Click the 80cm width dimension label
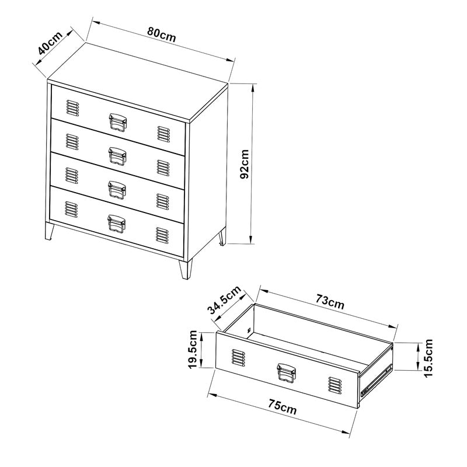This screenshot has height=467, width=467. tap(162, 36)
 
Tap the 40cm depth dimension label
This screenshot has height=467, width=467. tap(50, 43)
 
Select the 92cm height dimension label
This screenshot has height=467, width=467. tap(245, 164)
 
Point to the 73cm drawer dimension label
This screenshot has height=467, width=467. tap(330, 302)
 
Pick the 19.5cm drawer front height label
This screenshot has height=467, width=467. tap(193, 349)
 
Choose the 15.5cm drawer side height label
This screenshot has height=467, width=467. tap(428, 358)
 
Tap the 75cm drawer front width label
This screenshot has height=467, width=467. tap(283, 407)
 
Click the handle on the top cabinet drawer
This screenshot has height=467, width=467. tap(118, 122)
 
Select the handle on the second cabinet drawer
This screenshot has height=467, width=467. tap(117, 156)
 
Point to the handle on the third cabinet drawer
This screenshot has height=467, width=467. tap(117, 190)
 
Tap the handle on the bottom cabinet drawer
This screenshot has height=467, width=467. tap(116, 224)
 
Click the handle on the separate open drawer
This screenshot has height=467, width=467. tap(286, 372)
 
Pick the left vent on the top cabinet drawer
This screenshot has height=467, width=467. tap(72, 108)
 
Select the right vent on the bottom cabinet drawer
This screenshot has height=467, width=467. tap(162, 235)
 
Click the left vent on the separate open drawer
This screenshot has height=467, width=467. tap(239, 357)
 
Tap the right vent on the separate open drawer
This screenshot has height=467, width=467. tap(335, 385)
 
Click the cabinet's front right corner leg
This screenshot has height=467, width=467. tap(186, 269)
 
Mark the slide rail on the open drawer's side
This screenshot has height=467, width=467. tap(377, 382)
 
